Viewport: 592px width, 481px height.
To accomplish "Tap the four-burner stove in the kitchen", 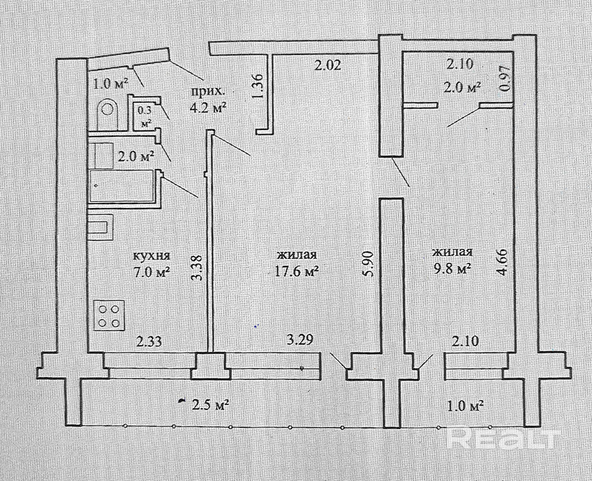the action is [108, 314].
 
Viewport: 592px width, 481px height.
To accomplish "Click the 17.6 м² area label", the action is [297, 271].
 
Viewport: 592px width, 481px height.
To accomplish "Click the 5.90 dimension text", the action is [368, 263].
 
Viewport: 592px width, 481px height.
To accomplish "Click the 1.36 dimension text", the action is [258, 87].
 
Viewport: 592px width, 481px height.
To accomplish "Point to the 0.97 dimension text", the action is [505, 79].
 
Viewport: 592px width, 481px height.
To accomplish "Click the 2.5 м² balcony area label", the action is [209, 404].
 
